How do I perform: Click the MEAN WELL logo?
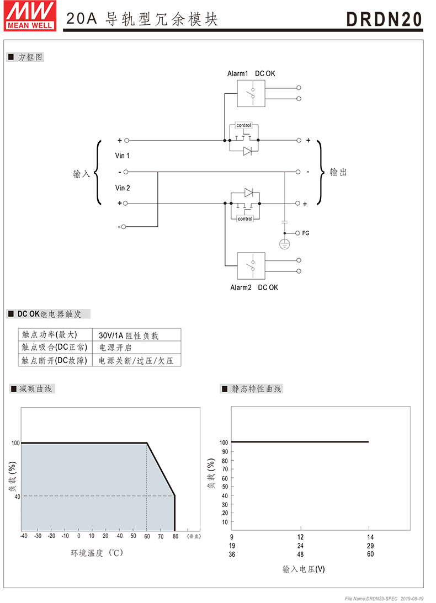[30, 15]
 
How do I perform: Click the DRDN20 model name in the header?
[384, 19]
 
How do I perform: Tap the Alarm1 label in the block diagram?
[237, 73]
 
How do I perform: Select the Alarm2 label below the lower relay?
[241, 287]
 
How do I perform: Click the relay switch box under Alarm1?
[251, 93]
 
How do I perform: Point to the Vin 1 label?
[123, 156]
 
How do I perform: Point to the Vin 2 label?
[123, 188]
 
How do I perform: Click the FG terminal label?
[306, 233]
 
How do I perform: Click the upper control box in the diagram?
[243, 125]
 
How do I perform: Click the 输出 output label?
[338, 172]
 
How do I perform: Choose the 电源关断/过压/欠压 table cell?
[136, 360]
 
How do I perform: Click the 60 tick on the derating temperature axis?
[147, 536]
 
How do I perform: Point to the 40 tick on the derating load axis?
[17, 497]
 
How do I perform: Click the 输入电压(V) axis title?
[304, 569]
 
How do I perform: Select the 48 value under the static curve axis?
[301, 554]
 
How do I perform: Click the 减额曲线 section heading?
[35, 389]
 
